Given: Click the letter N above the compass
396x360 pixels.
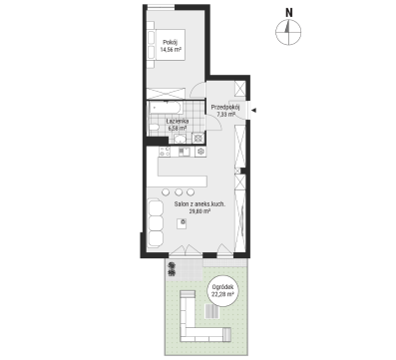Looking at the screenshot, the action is (289, 13).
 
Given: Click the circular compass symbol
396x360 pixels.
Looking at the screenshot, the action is (288, 32).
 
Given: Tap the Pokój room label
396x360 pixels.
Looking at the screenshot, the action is (171, 43).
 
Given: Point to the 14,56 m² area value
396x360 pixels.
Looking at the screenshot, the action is (171, 50).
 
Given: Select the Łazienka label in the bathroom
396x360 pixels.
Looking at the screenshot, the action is (178, 122).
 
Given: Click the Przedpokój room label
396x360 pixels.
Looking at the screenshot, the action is (225, 107).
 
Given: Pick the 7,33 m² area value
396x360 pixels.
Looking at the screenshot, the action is (226, 114).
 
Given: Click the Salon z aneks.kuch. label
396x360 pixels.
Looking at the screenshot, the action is (199, 204).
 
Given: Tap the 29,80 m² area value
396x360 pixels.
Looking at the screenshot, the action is (199, 211).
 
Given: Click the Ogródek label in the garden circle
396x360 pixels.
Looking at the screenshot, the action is (222, 287).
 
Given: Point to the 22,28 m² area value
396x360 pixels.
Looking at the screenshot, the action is (222, 294).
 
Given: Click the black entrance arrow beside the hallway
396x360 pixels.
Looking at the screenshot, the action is (253, 111).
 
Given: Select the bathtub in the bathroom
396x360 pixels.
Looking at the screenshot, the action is (166, 108).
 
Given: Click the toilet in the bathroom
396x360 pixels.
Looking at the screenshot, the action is (154, 128).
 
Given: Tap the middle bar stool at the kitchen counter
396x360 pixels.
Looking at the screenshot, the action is (179, 191).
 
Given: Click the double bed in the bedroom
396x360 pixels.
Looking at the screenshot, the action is (167, 45).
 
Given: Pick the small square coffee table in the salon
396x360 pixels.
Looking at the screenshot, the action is (182, 223).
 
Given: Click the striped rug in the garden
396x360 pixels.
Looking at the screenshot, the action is (211, 311).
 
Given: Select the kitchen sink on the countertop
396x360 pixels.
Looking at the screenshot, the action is (184, 152).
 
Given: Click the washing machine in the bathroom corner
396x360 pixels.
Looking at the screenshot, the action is (198, 138).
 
